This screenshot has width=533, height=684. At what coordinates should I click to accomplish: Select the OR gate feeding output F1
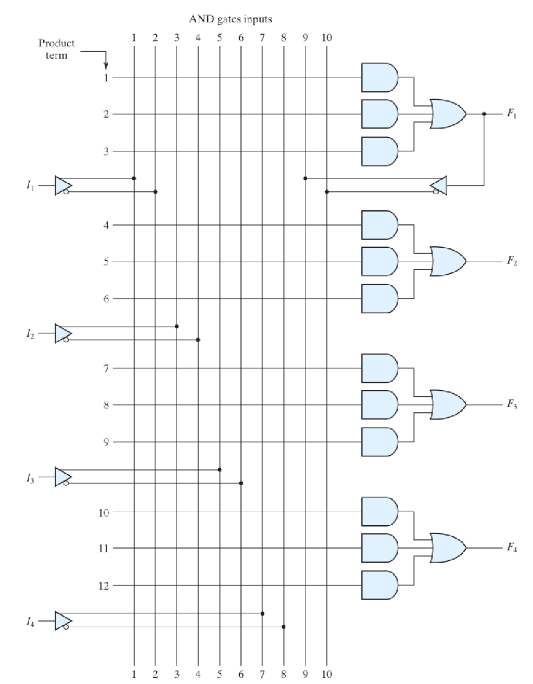click(x=448, y=113)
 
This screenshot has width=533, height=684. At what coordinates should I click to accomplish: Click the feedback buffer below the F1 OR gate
click(x=439, y=185)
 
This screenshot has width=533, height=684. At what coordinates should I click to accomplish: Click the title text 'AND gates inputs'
click(x=230, y=19)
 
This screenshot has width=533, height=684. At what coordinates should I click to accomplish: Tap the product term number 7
click(x=106, y=369)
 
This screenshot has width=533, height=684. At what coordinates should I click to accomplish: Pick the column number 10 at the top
click(x=326, y=37)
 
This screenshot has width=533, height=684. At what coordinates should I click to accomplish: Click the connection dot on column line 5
click(x=220, y=470)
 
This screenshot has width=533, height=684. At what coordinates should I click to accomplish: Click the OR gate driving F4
click(x=448, y=548)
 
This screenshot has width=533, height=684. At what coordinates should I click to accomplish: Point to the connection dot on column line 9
click(x=305, y=179)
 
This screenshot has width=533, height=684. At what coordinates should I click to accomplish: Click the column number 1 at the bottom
click(x=134, y=675)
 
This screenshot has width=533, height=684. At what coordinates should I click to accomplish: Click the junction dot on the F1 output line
click(x=484, y=113)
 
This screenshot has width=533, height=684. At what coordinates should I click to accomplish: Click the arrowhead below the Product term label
click(x=106, y=66)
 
